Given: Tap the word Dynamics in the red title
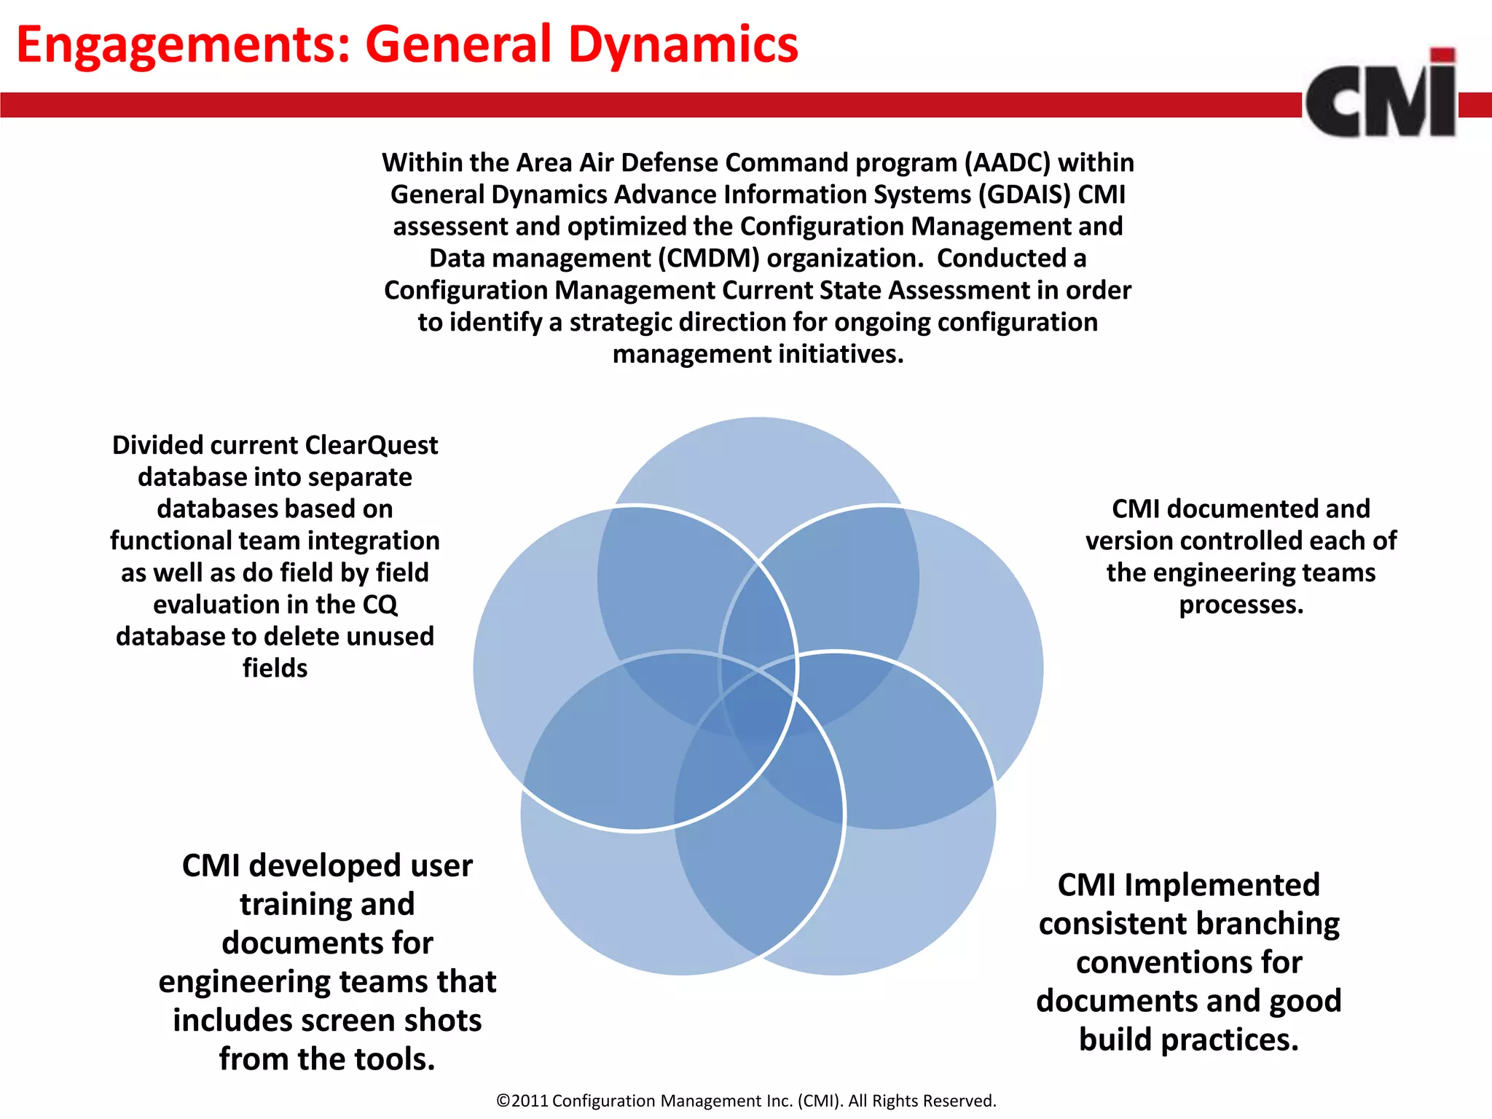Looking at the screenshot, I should pyautogui.click(x=683, y=45).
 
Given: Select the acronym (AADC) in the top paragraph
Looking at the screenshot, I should pyautogui.click(x=1008, y=162).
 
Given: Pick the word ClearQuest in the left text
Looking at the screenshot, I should pyautogui.click(x=372, y=445).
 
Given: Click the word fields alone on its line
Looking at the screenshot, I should pyautogui.click(x=275, y=668).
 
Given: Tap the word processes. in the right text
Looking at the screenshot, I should pyautogui.click(x=1241, y=605).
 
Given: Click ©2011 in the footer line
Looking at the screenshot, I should pyautogui.click(x=522, y=1101).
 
